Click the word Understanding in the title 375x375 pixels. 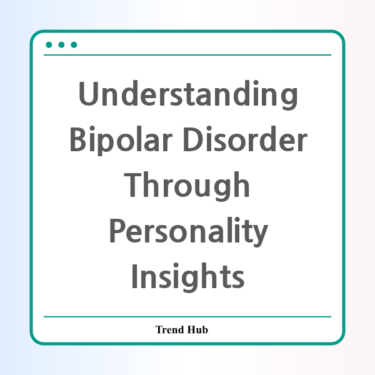click(188, 95)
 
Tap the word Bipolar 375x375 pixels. click(121, 141)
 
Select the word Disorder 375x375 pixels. click(246, 139)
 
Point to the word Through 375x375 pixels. click(187, 186)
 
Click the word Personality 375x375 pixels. click(189, 232)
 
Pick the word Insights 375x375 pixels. click(188, 277)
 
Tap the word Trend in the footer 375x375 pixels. click(169, 329)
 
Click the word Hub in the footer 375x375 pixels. click(197, 329)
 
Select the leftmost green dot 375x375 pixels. click(49, 45)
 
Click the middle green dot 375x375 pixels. click(61, 45)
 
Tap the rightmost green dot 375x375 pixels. click(74, 45)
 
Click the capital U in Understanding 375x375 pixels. click(89, 94)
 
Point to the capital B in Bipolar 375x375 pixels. click(77, 139)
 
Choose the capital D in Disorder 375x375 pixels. click(193, 139)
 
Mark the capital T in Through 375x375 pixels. click(134, 184)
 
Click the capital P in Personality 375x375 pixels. click(117, 230)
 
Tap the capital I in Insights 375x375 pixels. click(134, 276)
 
